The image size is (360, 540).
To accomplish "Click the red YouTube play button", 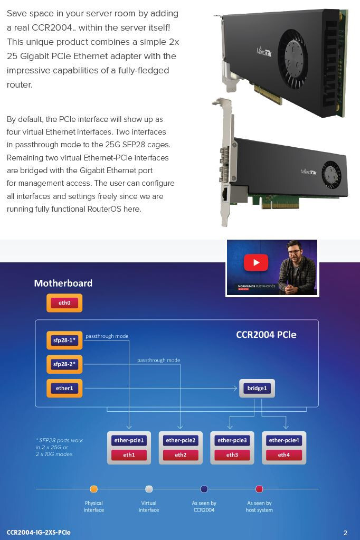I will tap(256, 262).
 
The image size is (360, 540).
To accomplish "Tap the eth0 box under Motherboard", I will tap(64, 303).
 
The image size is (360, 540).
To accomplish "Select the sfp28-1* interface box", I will tap(64, 340).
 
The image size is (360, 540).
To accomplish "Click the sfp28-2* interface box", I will tap(64, 364).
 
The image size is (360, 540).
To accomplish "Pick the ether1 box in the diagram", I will tap(64, 388).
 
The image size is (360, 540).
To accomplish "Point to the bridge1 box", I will tap(257, 389).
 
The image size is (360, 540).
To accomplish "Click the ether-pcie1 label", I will tap(129, 440).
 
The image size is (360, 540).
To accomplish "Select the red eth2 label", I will tap(181, 455).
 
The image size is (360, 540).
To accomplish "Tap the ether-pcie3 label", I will tap(232, 440).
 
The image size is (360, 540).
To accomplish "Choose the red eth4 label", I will tap(284, 455).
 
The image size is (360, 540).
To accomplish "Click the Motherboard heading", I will tap(63, 283).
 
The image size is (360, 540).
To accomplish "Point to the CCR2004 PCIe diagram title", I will tap(266, 335).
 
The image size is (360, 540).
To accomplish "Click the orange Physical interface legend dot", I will tap(94, 489).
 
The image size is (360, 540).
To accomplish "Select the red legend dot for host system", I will tap(259, 489).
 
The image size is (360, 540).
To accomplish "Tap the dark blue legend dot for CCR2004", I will tap(204, 489).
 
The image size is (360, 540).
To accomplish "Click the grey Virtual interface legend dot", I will tap(149, 489).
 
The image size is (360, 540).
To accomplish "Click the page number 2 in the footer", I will tap(345, 533).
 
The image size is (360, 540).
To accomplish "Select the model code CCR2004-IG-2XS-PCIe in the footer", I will tap(39, 533).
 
